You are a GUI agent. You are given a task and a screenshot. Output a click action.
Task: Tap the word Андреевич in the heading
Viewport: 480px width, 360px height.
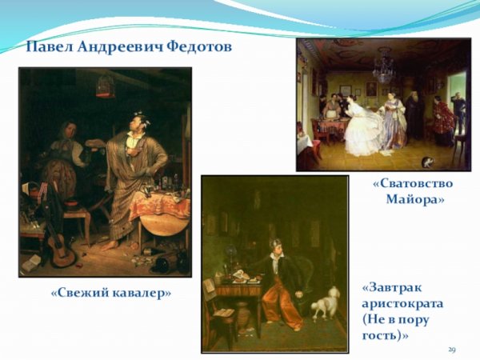pyautogui.click(x=120, y=46)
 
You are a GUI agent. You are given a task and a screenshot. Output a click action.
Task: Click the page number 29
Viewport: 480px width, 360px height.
pyautogui.click(x=452, y=350)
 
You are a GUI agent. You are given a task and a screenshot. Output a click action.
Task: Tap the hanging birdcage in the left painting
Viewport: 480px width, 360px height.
pyautogui.click(x=105, y=85)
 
